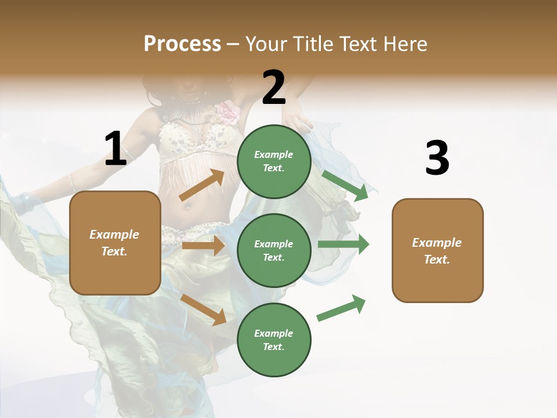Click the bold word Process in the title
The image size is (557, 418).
click(x=182, y=44)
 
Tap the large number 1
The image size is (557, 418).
click(x=115, y=149)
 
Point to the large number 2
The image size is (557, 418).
click(x=274, y=88)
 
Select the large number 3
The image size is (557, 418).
click(x=437, y=158)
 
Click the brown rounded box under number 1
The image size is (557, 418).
click(x=115, y=243)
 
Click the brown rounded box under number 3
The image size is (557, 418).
click(x=437, y=250)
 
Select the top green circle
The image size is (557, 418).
click(x=274, y=161)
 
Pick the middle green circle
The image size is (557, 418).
click(x=274, y=250)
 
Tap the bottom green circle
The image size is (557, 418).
click(x=274, y=340)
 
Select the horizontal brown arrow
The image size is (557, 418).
click(x=203, y=246)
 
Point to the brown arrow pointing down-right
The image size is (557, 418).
click(x=204, y=309)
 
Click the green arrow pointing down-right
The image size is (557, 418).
click(x=345, y=186)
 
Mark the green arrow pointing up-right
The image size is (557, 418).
click(x=342, y=308)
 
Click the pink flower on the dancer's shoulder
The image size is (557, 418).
click(x=229, y=112)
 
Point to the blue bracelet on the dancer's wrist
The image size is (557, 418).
click(x=25, y=201)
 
